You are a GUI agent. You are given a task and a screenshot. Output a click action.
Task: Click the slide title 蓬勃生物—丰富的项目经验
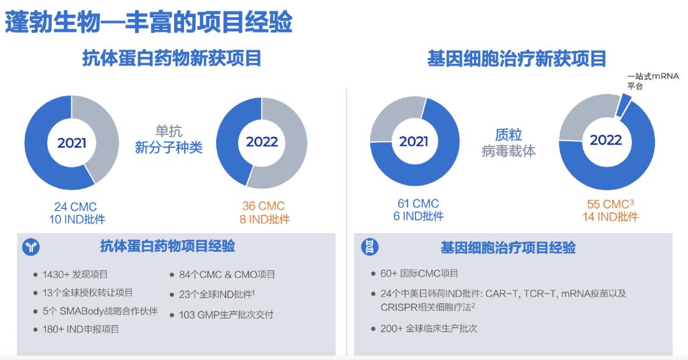pos(149,21)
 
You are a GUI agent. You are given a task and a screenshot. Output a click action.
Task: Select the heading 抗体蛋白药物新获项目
pos(172,59)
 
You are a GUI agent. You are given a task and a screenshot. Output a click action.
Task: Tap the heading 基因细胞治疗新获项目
pos(517,59)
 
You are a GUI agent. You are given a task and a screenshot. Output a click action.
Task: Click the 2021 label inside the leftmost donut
pos(71,143)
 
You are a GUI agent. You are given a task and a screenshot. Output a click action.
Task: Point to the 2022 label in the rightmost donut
pos(606,140)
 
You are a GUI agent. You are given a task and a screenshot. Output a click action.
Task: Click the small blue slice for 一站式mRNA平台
pos(624,101)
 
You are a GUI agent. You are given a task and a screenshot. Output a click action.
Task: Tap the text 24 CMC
pos(75,206)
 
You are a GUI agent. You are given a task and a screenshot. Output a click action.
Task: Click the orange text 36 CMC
pos(263,206)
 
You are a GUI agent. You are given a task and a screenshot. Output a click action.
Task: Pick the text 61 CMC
pos(417,204)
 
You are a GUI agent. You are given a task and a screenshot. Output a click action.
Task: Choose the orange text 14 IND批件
pos(610,217)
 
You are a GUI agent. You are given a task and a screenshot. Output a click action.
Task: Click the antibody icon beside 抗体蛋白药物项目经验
pos(31,248)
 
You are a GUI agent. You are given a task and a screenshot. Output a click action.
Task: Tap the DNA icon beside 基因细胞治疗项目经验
pos(369,247)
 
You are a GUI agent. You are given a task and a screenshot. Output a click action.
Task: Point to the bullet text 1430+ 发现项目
pos(75,275)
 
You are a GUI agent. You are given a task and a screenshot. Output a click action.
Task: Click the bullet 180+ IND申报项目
pos(82,329)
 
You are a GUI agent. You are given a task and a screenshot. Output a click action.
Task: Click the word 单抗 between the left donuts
pos(169,132)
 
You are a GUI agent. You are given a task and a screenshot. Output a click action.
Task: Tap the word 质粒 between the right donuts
pos(508,135)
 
